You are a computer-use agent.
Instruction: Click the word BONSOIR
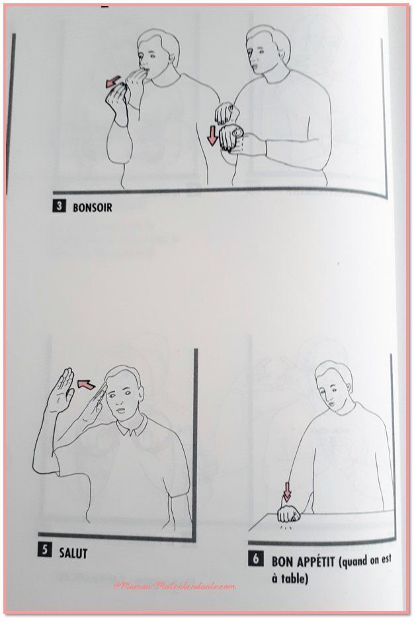92,207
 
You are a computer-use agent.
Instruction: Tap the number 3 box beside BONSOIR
59,207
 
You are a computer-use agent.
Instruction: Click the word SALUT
73,553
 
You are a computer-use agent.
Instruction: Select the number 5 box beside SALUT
44,551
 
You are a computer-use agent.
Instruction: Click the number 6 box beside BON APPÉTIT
256,559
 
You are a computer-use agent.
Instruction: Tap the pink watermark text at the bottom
174,586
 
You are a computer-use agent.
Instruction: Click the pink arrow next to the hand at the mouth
114,81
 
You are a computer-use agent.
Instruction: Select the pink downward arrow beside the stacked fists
212,134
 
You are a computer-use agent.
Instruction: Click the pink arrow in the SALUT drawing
86,383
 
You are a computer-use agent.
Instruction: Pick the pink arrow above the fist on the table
287,491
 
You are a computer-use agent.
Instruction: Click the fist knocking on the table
288,514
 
